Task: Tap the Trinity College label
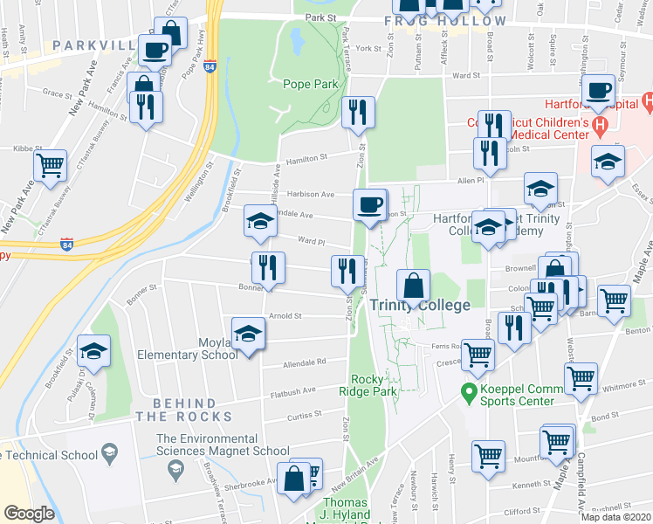419,306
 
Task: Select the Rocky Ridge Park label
375,385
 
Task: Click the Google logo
29,514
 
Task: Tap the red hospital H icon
600,127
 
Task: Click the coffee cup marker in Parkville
155,50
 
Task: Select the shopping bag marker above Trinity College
413,285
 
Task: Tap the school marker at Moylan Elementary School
248,334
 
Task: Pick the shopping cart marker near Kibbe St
51,163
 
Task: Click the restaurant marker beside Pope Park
358,111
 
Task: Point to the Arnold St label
285,317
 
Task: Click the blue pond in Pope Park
296,38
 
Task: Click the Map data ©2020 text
615,517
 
